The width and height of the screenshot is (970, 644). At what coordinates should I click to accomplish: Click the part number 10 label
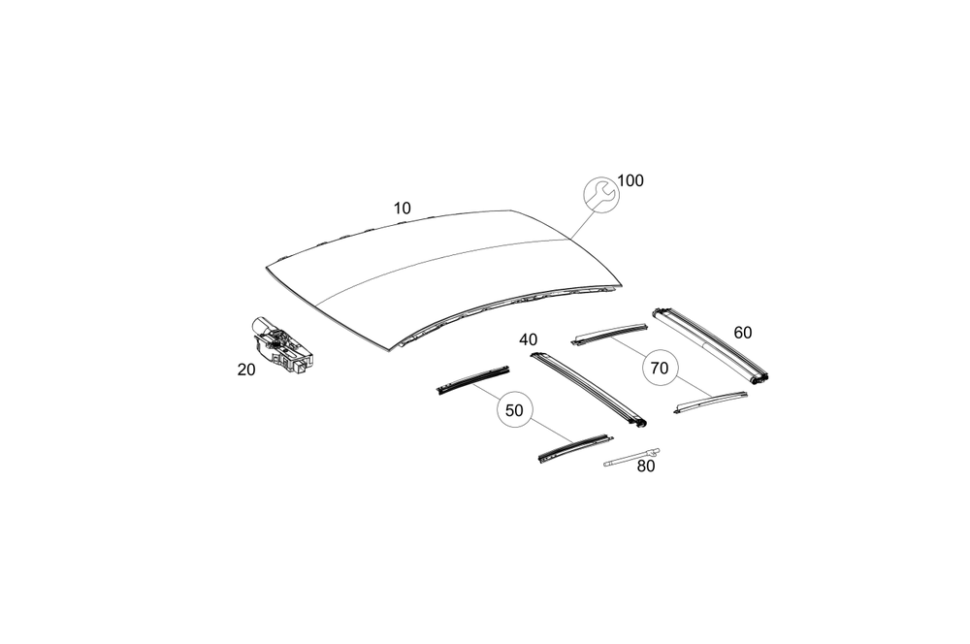(403, 208)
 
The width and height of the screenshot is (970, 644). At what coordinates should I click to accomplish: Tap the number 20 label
(246, 369)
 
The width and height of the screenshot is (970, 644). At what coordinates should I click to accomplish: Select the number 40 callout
(528, 339)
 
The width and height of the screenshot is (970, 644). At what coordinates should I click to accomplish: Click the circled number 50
(514, 410)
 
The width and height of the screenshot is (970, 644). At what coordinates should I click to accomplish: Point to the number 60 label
(742, 333)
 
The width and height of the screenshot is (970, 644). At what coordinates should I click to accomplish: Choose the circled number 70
(660, 368)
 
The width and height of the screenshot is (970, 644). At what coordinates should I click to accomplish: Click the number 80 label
(646, 466)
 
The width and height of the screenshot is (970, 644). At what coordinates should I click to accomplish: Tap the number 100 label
(630, 180)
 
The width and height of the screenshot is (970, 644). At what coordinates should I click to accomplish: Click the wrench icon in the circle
(599, 193)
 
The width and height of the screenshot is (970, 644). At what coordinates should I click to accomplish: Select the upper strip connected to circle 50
(471, 380)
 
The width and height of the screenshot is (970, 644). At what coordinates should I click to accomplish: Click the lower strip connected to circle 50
(565, 450)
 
